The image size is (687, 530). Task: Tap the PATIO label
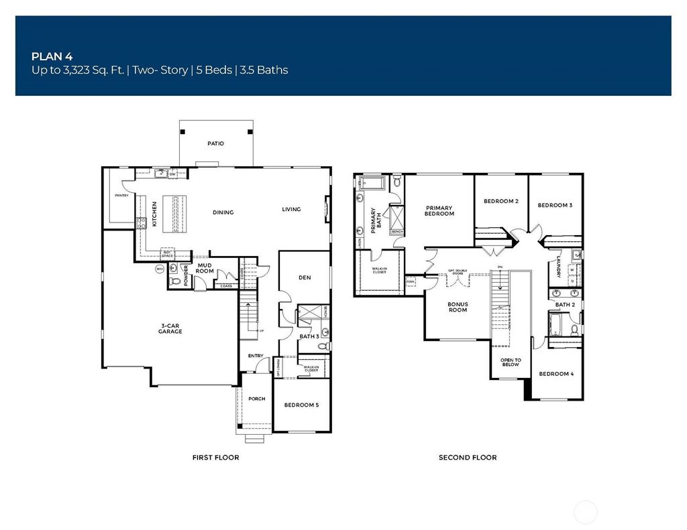(x=215, y=143)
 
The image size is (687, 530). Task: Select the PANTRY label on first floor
(x=121, y=196)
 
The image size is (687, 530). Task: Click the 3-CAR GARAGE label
(x=170, y=328)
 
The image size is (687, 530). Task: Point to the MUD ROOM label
(x=205, y=268)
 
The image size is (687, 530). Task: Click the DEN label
(x=305, y=277)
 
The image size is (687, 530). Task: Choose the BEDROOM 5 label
(x=301, y=405)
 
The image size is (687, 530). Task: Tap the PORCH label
(x=256, y=399)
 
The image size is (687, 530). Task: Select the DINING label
(x=223, y=212)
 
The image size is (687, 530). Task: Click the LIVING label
(x=291, y=209)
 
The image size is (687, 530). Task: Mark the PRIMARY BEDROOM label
(x=439, y=210)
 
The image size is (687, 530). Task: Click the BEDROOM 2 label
(x=501, y=201)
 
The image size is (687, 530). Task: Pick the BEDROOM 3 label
(x=555, y=205)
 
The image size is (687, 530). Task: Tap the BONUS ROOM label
(x=458, y=307)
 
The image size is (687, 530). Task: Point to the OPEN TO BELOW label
(x=511, y=362)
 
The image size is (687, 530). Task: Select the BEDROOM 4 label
(x=556, y=374)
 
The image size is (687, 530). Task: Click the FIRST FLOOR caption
(x=215, y=458)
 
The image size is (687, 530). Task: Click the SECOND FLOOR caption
(x=468, y=458)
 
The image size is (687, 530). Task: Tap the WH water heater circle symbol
(x=160, y=269)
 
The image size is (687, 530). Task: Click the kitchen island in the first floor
(x=178, y=213)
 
